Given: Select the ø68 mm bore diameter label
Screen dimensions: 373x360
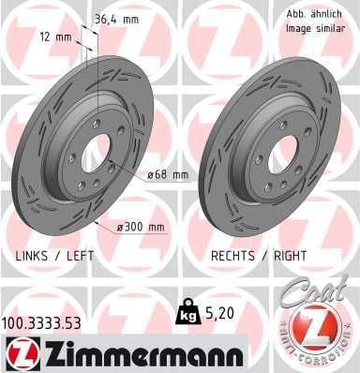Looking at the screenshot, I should [x=169, y=174].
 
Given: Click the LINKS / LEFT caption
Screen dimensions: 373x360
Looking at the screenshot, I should [x=55, y=255].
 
